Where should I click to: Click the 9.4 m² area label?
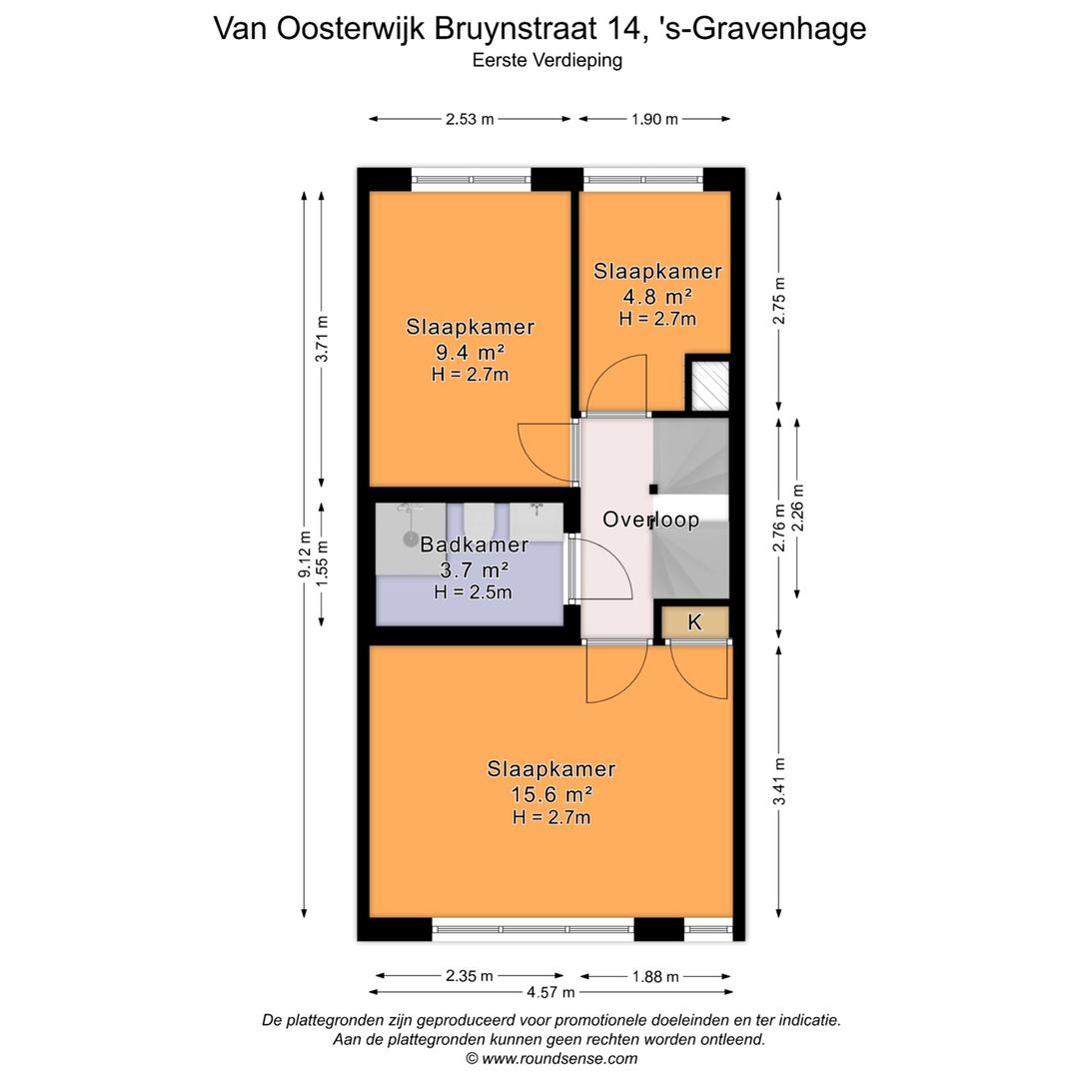point(470,352)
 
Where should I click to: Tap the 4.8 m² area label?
point(656,296)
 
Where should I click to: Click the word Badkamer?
point(474,544)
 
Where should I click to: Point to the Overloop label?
point(650,520)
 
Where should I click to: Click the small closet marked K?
point(695,622)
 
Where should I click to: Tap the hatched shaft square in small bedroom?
point(708,385)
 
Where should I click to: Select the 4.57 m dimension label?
point(550,992)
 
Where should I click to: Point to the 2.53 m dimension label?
point(470,119)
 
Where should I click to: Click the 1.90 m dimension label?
point(654,119)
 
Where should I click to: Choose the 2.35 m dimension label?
point(470,976)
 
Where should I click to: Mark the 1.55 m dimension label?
point(322,564)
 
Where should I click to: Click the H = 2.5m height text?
point(473,592)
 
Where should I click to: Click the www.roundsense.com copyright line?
point(550,1058)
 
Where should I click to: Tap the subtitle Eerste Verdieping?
point(547,60)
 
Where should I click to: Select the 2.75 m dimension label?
point(780,300)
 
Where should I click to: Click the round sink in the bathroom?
point(411,539)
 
